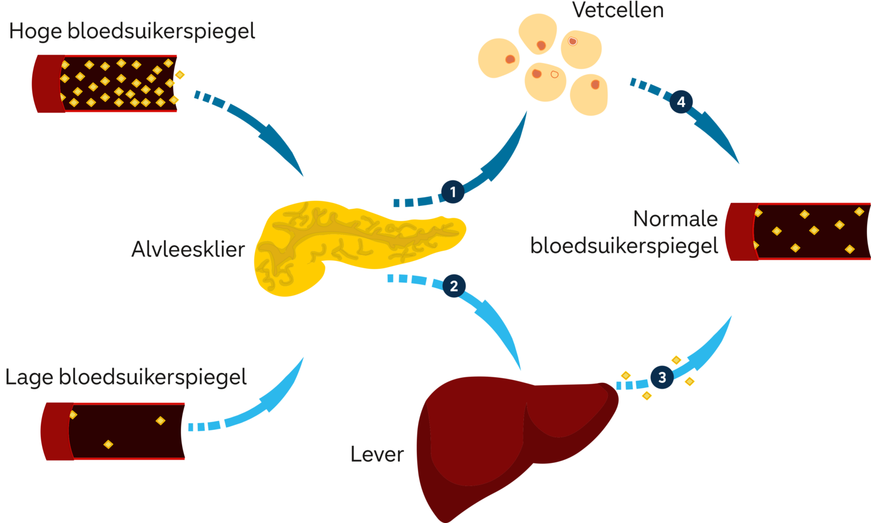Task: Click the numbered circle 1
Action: pos(453,192)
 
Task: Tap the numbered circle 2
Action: pos(454,286)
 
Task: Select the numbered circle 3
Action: pos(662,377)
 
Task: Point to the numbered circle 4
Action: pos(681,102)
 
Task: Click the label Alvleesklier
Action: pos(188,249)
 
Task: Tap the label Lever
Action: pos(377,454)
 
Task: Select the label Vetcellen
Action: pos(618,10)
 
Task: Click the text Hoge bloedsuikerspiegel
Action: pos(132,31)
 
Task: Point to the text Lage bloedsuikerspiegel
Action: pos(126,377)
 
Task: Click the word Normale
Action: pos(675,218)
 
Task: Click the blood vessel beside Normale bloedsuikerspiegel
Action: pos(800,231)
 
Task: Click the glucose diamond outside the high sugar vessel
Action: pos(180,74)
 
